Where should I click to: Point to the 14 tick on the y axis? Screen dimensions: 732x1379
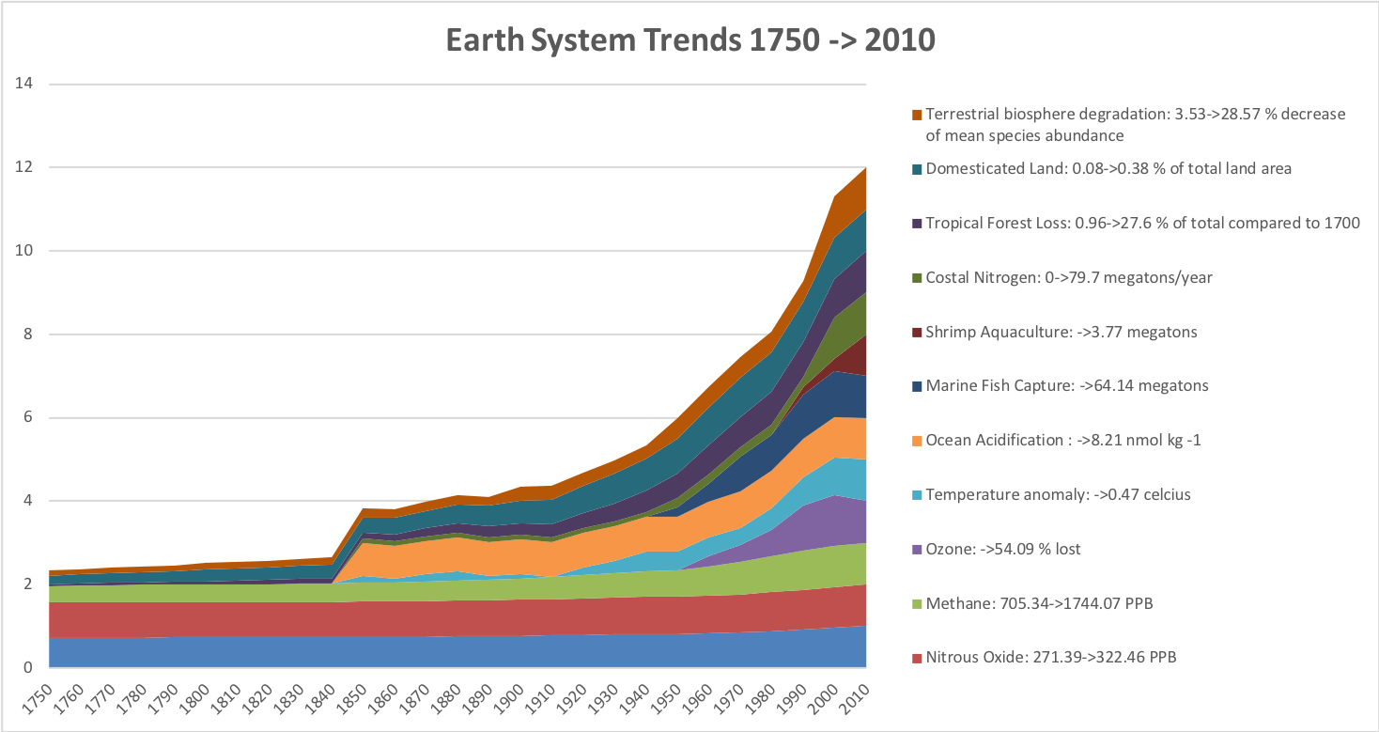coord(25,84)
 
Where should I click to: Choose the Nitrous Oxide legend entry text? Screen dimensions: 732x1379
coord(1050,657)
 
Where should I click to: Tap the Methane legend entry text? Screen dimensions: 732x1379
coord(1039,602)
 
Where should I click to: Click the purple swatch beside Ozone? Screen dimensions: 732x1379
coord(916,549)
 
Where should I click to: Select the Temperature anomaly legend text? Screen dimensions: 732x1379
coord(1058,494)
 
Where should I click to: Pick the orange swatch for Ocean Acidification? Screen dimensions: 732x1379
coord(916,440)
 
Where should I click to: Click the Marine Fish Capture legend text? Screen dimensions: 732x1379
coord(1067,385)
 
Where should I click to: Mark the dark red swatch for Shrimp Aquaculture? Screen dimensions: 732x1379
coord(916,332)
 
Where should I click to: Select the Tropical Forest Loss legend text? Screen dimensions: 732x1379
coord(1142,223)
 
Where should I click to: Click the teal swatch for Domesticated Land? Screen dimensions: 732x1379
coord(916,169)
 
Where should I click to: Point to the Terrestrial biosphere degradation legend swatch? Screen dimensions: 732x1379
coord(916,115)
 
